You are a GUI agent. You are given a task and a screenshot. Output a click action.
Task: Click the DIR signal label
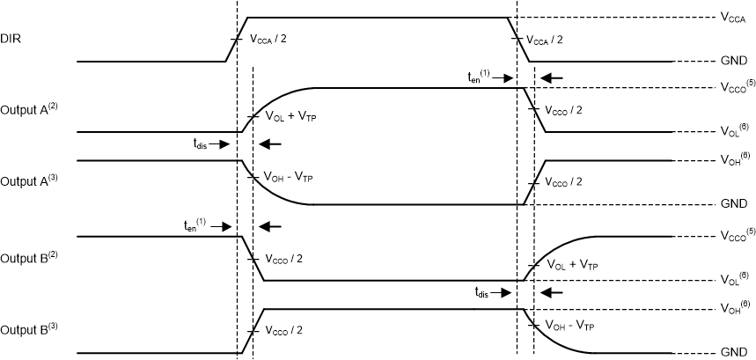click(x=11, y=40)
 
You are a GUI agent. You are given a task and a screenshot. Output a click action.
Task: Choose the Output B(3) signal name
click(x=28, y=332)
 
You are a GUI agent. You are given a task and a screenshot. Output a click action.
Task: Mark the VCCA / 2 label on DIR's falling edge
click(x=556, y=40)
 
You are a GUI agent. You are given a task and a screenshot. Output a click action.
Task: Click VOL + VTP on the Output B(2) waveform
click(x=571, y=265)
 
